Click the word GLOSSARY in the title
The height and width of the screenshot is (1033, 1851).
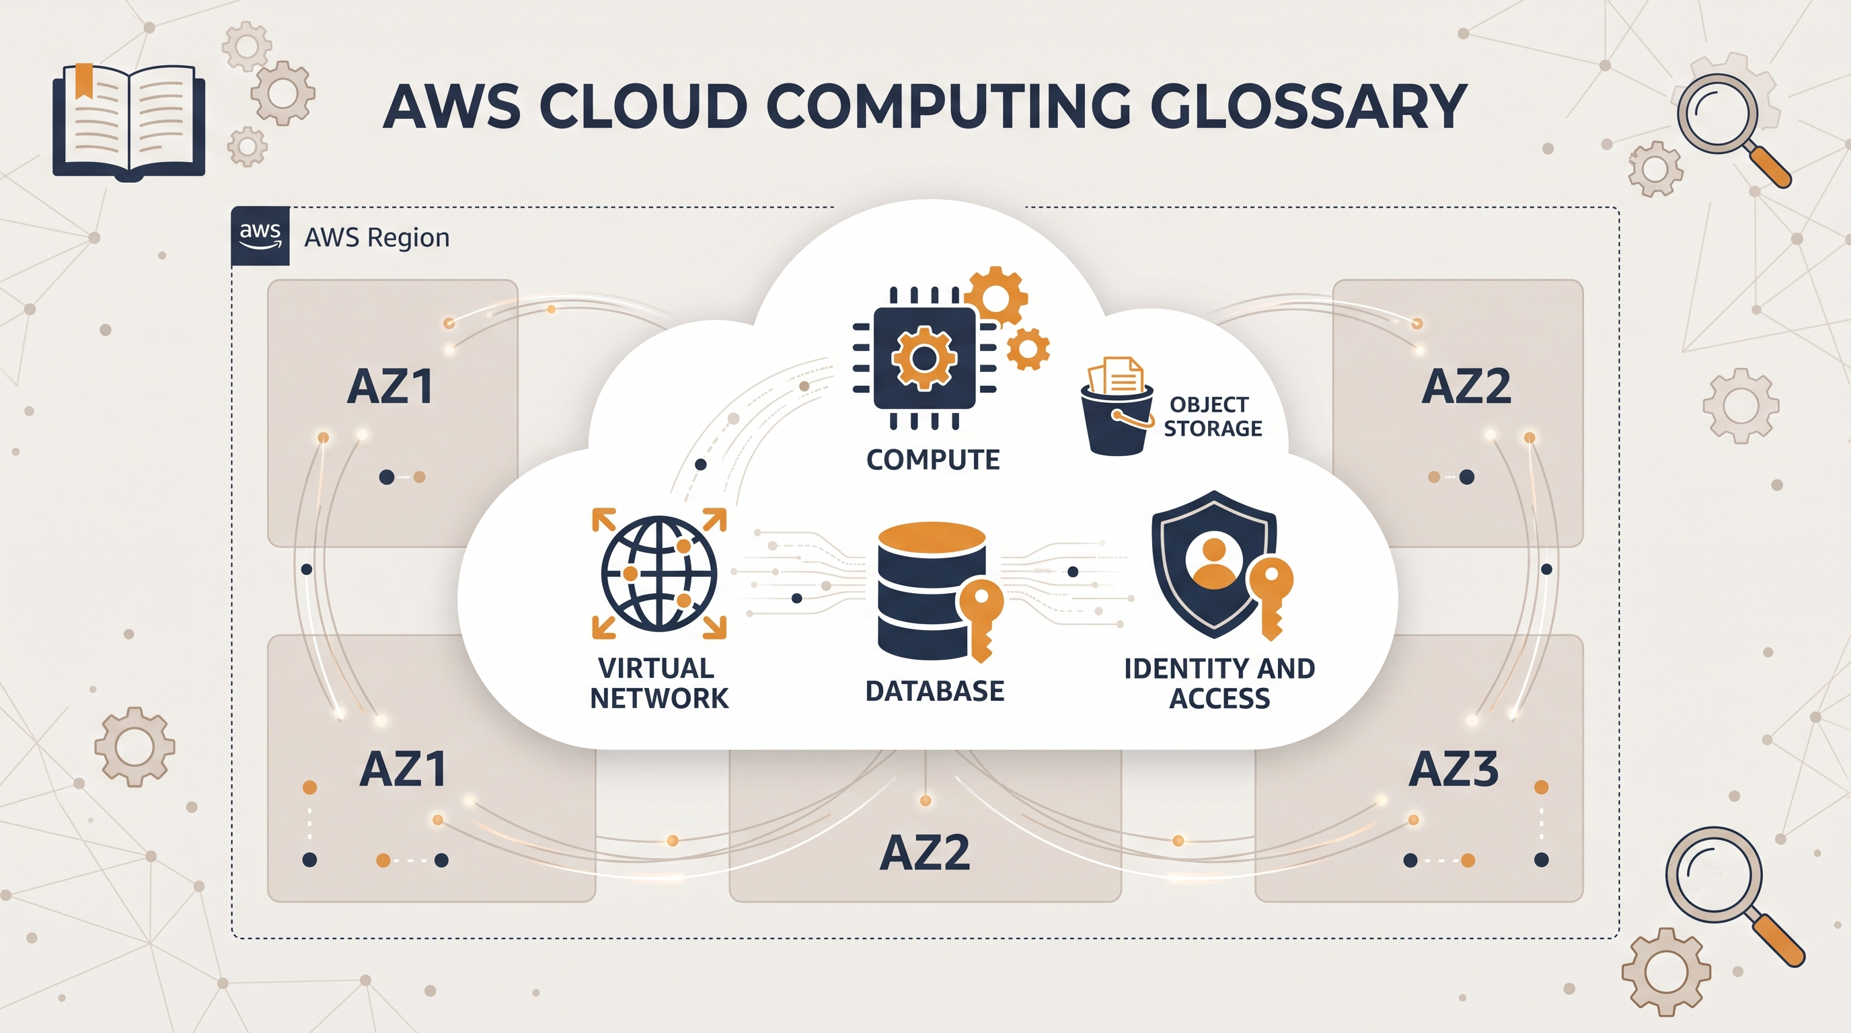1308,106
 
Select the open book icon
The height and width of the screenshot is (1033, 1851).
128,120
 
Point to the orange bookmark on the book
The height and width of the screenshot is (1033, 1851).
84,80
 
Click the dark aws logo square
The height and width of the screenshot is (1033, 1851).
260,235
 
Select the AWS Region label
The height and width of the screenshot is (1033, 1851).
377,237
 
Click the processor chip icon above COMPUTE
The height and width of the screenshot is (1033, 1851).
924,358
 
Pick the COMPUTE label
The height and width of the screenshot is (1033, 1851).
933,460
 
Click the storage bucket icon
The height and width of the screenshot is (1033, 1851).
1117,407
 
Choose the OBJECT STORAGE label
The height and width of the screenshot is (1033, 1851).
1212,417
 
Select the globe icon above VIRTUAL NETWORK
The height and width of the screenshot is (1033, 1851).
659,572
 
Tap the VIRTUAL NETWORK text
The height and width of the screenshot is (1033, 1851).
659,683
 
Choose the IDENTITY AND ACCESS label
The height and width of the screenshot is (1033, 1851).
1219,683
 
